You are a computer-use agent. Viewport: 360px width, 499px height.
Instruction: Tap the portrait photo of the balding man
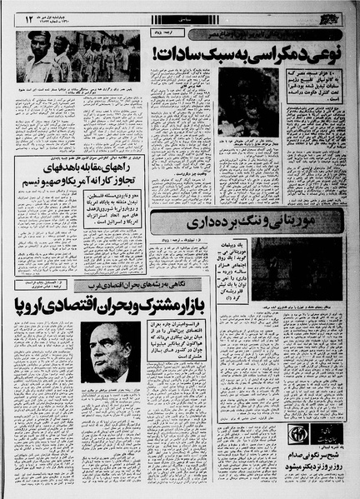pyautogui.click(x=110, y=350)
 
